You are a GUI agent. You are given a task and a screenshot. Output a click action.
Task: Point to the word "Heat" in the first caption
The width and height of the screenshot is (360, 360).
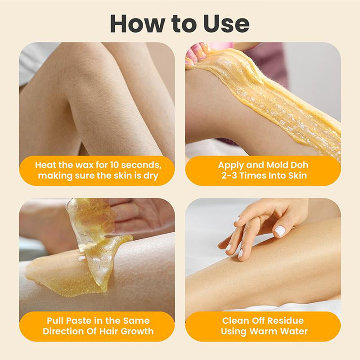click(45, 165)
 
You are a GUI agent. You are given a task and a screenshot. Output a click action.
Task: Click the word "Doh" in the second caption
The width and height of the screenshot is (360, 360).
click(298, 165)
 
